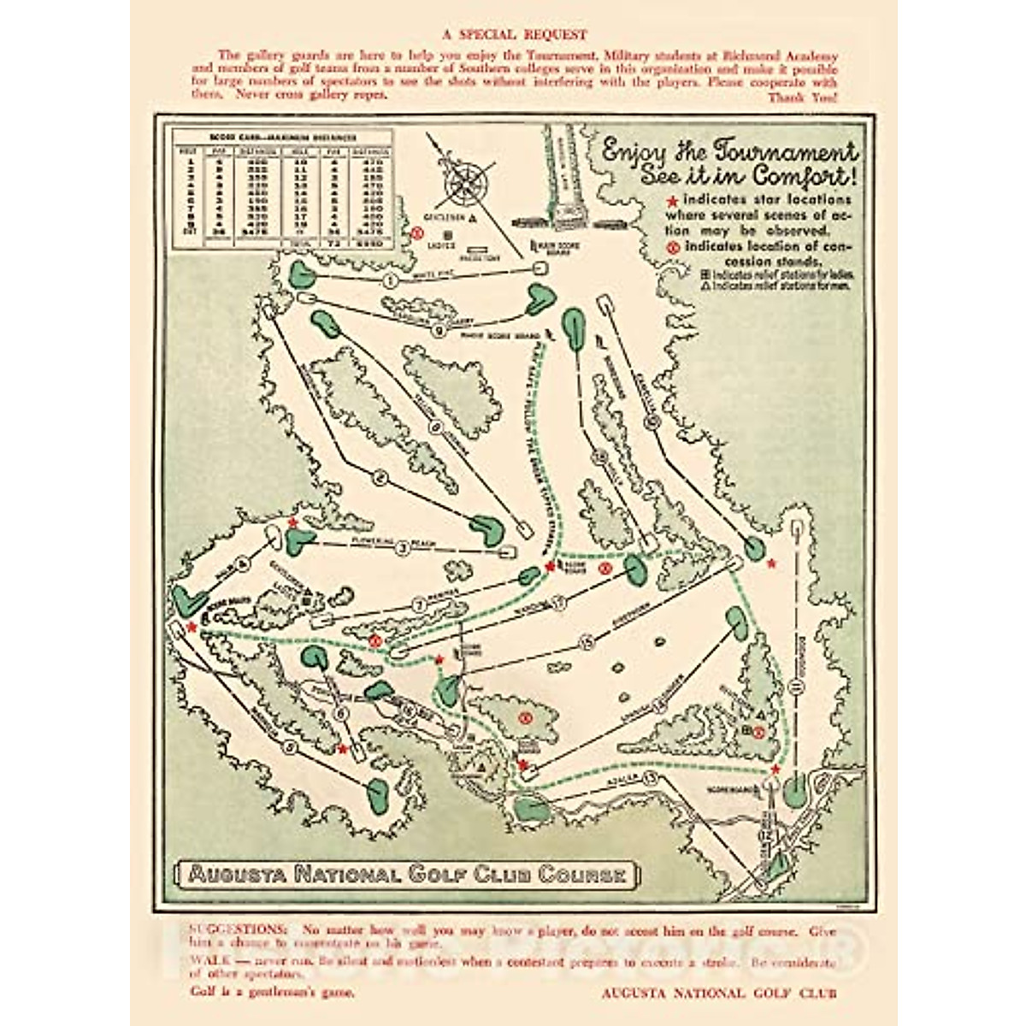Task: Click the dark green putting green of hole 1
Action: (x=301, y=274)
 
